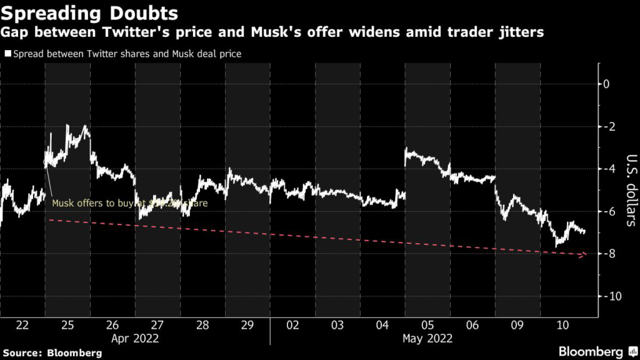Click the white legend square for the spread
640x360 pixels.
tap(7, 54)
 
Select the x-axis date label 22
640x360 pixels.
tap(22, 326)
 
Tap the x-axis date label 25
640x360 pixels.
tap(67, 326)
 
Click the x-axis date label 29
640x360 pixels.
tap(247, 326)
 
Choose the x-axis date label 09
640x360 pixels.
tap(517, 326)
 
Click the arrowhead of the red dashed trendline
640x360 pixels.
tap(584, 254)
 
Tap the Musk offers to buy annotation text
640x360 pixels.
tap(129, 203)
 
